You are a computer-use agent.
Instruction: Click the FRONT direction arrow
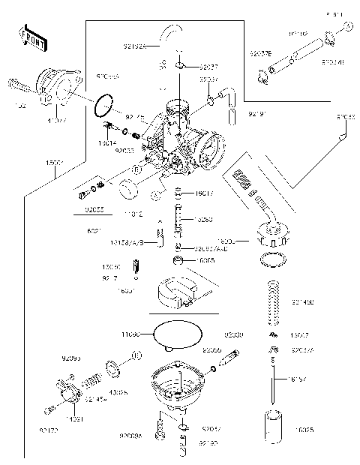point(28,36)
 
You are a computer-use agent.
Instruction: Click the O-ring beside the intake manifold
point(105,106)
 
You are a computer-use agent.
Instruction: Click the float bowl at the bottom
point(178,384)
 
